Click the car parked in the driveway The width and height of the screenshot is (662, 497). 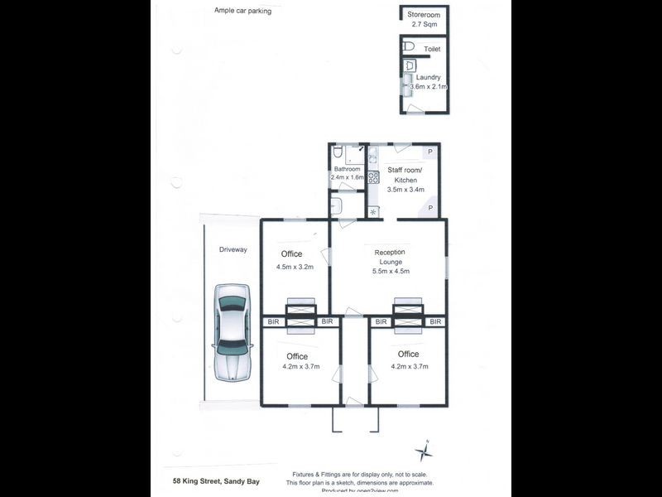(231, 331)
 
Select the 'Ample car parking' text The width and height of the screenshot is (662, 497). (242, 12)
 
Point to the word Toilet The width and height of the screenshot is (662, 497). (432, 50)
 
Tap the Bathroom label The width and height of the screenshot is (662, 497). (348, 168)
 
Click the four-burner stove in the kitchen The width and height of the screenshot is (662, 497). (373, 176)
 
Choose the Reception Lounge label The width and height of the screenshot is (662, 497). (389, 257)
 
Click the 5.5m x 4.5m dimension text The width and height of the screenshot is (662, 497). (391, 271)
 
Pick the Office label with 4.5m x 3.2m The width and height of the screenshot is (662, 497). (291, 254)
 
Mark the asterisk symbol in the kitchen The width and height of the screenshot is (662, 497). (373, 211)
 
